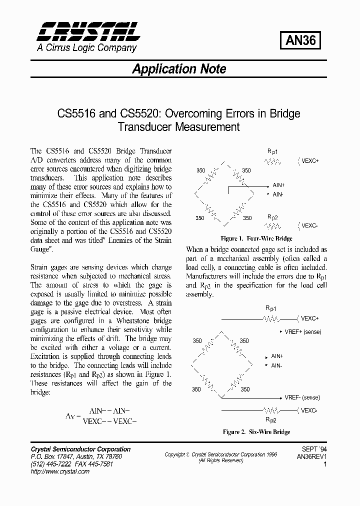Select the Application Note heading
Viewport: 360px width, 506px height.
coord(179,69)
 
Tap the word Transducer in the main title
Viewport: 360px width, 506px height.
coord(145,126)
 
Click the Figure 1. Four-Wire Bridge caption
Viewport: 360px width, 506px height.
coord(256,238)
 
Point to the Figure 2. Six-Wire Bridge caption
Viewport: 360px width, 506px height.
coord(256,432)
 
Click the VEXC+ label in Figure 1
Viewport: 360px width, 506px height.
coord(310,161)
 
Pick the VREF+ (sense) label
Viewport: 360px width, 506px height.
coord(303,332)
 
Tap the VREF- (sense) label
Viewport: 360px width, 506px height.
coord(302,397)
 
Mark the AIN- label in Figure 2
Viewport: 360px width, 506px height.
coord(276,365)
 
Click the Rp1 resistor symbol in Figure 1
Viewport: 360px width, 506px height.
coord(272,161)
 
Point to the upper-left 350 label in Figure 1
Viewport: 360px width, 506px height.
coord(200,170)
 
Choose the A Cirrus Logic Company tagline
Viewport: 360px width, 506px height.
coord(86,48)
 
